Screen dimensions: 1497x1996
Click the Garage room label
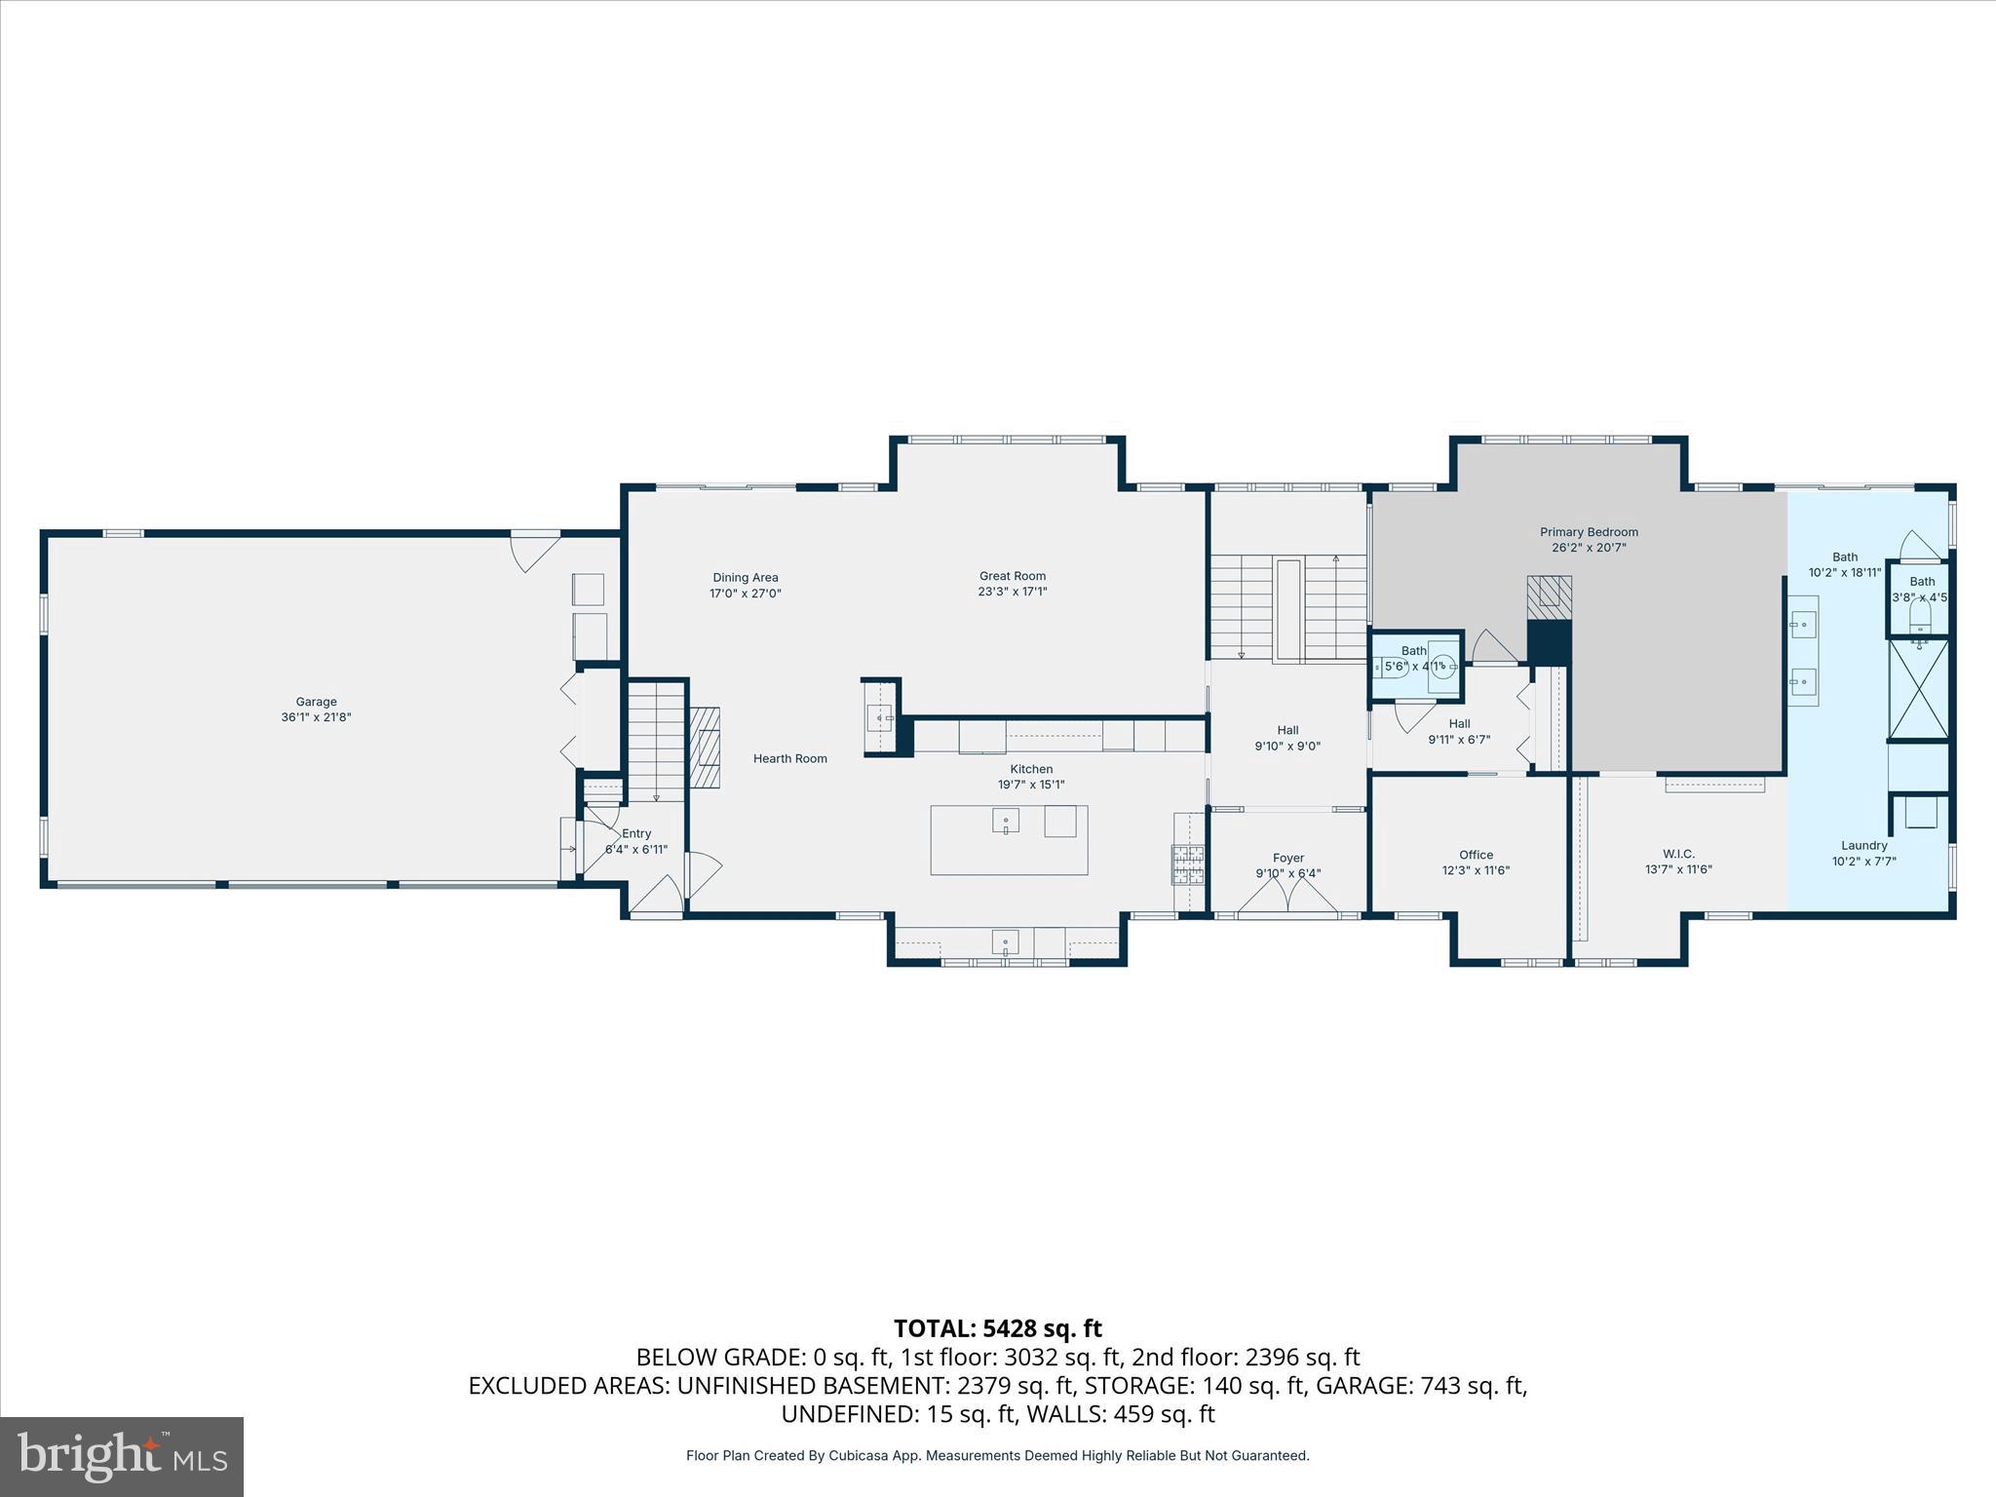tap(316, 702)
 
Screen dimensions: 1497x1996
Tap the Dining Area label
tap(746, 578)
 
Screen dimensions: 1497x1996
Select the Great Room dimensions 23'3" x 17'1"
tap(1013, 592)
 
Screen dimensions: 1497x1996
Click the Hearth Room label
tap(789, 758)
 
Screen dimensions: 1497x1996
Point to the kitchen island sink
tap(1006, 821)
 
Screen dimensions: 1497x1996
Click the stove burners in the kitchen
tap(1188, 864)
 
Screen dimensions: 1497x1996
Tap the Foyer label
tap(1288, 858)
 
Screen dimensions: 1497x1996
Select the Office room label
tap(1476, 855)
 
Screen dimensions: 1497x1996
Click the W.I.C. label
tap(1678, 854)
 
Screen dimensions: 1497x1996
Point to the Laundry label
tap(1863, 846)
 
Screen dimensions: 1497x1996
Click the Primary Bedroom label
tap(1589, 532)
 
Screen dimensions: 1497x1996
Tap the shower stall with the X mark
tap(1918, 688)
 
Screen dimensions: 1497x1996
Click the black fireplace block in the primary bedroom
tap(1549, 643)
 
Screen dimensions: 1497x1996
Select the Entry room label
tap(636, 833)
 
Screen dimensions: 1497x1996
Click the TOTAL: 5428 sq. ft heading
tap(997, 1328)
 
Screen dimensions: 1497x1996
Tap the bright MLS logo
tap(122, 1457)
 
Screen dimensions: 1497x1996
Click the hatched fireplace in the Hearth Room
tap(706, 748)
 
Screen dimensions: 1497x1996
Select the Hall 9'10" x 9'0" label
tap(1287, 730)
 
